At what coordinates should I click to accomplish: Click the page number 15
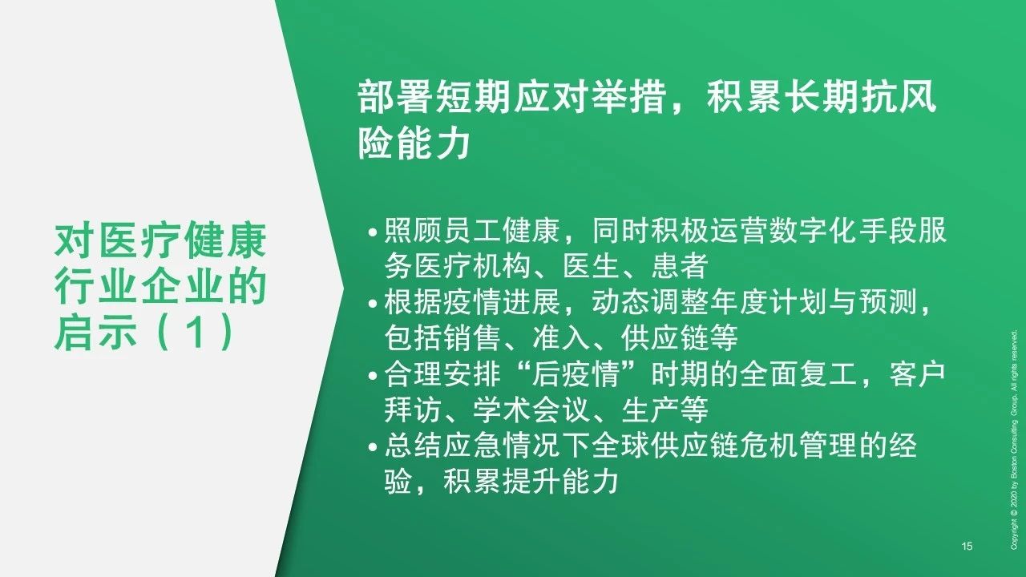[967, 546]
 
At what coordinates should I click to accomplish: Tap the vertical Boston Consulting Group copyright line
[1014, 439]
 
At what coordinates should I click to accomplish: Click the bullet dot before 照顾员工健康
[373, 232]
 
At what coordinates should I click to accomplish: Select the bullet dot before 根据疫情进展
[373, 304]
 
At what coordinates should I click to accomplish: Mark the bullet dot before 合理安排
[373, 376]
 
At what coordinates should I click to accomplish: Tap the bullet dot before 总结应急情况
[373, 447]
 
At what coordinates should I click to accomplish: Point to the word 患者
[680, 266]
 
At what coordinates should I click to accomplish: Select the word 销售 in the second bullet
[472, 337]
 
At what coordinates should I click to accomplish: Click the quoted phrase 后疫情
[576, 373]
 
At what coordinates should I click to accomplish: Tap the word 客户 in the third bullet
[917, 373]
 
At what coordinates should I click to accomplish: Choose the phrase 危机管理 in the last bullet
[799, 445]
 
